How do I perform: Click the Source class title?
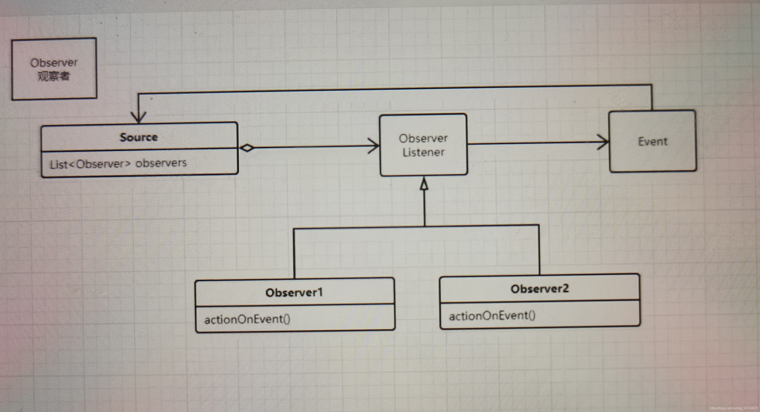coord(139,137)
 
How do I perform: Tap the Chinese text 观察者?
coord(54,76)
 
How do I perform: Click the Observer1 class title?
coord(294,292)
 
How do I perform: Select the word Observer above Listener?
coord(423,138)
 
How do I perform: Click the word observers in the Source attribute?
coord(161,163)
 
